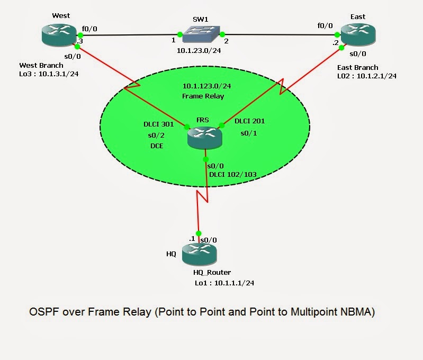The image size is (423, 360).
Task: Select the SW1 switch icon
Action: (x=200, y=35)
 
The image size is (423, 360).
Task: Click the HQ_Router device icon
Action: (x=199, y=254)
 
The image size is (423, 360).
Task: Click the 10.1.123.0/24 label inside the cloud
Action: (x=204, y=86)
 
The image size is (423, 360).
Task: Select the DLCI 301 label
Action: (x=158, y=124)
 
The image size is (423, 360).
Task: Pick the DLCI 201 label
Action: (x=249, y=121)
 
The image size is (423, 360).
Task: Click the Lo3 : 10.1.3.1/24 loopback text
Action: (x=49, y=74)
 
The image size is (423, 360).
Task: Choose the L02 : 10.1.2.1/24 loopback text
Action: (x=367, y=76)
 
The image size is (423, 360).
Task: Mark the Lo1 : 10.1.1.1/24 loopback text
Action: (x=224, y=283)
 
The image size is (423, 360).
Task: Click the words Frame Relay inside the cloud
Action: (x=204, y=96)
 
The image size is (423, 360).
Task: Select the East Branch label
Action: (x=358, y=67)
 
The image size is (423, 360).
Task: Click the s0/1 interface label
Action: (x=249, y=133)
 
